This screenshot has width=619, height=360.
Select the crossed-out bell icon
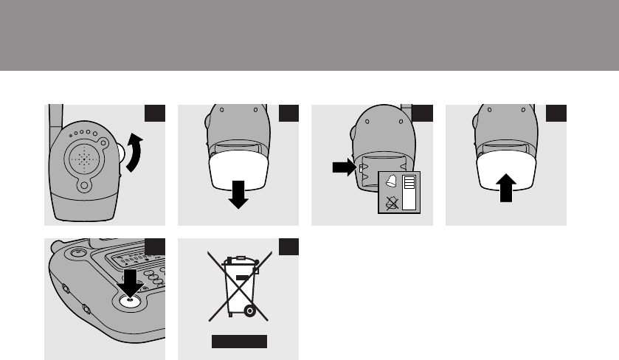click(x=391, y=203)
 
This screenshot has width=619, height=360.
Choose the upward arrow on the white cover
click(x=505, y=188)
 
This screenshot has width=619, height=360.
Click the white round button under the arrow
click(x=131, y=300)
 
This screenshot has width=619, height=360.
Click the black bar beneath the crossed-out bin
click(x=238, y=342)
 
